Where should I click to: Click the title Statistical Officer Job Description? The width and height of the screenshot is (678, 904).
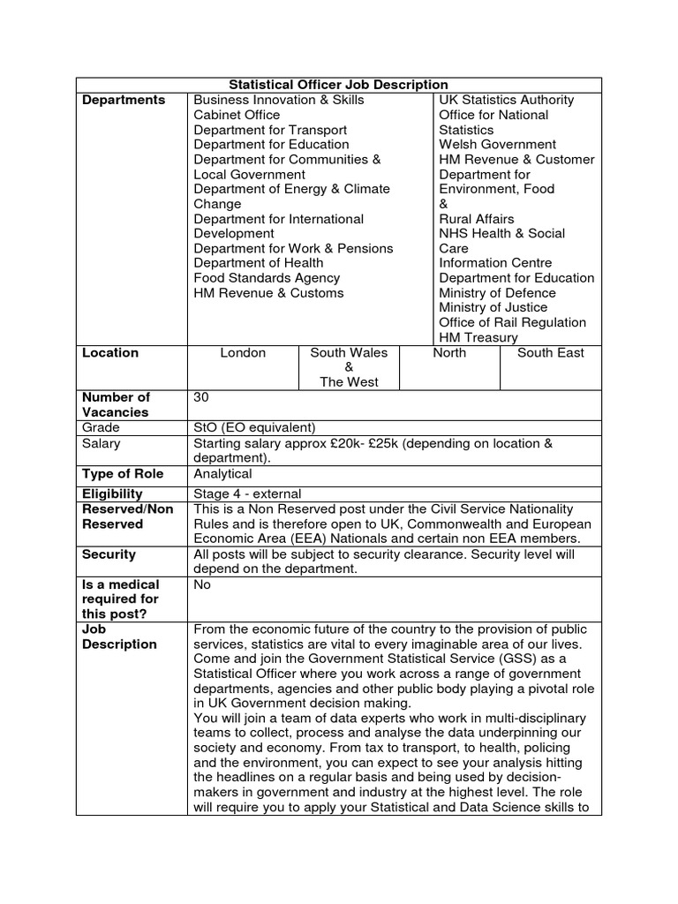tap(339, 85)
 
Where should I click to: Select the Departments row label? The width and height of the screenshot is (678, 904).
tap(124, 100)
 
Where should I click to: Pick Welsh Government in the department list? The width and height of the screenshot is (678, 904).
tap(497, 144)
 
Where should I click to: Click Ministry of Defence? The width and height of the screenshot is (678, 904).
tap(497, 293)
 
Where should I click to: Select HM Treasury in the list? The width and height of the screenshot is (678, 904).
tap(478, 337)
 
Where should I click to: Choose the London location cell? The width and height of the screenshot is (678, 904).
tap(243, 353)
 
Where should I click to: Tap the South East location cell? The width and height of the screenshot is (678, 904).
tap(550, 353)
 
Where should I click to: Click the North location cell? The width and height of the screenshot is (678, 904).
tap(449, 353)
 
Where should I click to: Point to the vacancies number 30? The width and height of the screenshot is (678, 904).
tap(201, 397)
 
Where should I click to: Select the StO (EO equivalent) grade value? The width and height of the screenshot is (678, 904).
tap(254, 427)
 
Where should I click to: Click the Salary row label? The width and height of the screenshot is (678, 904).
tap(102, 443)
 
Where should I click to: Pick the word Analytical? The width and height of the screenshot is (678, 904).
tap(222, 474)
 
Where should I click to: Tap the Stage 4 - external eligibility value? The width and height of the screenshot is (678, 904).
tap(247, 493)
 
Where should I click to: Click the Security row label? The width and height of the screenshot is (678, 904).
tap(109, 554)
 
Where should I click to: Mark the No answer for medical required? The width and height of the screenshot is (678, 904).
tap(202, 584)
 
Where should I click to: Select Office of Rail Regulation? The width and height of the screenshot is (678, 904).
tap(512, 322)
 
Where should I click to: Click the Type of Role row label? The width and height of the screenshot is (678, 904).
tap(122, 474)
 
